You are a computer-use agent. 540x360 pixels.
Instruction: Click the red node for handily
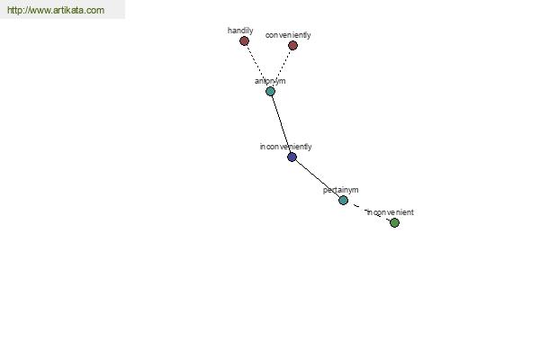point(244,41)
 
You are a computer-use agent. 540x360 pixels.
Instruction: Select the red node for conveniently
point(292,45)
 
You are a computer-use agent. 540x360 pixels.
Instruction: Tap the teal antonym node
point(270,91)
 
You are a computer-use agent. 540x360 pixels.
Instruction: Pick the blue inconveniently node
point(292,157)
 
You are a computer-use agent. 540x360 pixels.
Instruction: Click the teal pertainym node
point(343,200)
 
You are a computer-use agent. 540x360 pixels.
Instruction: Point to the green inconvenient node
point(394,223)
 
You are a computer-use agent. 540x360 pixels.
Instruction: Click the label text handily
point(240,31)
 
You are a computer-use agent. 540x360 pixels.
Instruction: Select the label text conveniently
point(288,35)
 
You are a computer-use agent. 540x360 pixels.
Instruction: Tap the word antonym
point(270,81)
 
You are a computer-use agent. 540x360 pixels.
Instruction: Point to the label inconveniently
point(285,147)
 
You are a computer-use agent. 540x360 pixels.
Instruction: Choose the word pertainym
point(340,190)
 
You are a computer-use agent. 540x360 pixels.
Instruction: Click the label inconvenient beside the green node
point(391,212)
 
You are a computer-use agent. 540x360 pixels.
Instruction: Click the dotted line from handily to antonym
point(256,66)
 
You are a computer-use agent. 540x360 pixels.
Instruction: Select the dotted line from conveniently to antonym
point(282,67)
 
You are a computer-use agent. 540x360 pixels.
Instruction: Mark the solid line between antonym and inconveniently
point(281,124)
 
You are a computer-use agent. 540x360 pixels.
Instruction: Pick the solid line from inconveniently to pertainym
point(318,178)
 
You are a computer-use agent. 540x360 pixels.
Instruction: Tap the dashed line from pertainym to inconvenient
point(368,211)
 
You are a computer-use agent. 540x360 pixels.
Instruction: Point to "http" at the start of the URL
point(14,10)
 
